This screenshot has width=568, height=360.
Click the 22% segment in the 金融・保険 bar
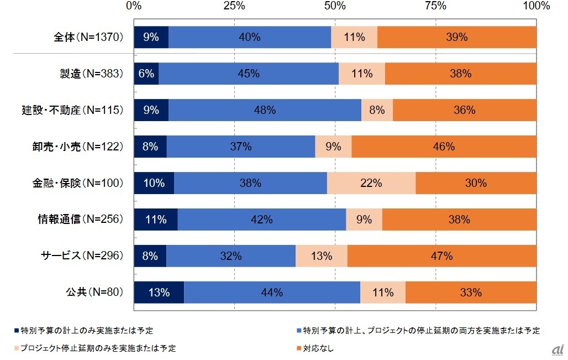(x=371, y=183)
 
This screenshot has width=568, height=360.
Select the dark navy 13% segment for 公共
(x=159, y=292)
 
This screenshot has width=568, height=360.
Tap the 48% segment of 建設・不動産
(x=265, y=110)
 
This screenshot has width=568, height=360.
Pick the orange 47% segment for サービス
(x=442, y=255)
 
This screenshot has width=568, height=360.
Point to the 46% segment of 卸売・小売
(x=444, y=147)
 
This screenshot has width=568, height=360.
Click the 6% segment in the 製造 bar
(x=146, y=74)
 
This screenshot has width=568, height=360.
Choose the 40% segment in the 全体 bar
(x=250, y=37)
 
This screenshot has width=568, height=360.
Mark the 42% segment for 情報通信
(x=262, y=220)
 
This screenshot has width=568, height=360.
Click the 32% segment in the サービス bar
(x=231, y=255)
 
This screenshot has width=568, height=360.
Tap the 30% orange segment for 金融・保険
(x=476, y=183)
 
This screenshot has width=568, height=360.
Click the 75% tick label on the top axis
(x=435, y=6)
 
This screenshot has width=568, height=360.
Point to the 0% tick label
(x=134, y=6)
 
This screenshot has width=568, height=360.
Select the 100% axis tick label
(x=536, y=6)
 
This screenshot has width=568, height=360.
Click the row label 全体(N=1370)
(x=87, y=37)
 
